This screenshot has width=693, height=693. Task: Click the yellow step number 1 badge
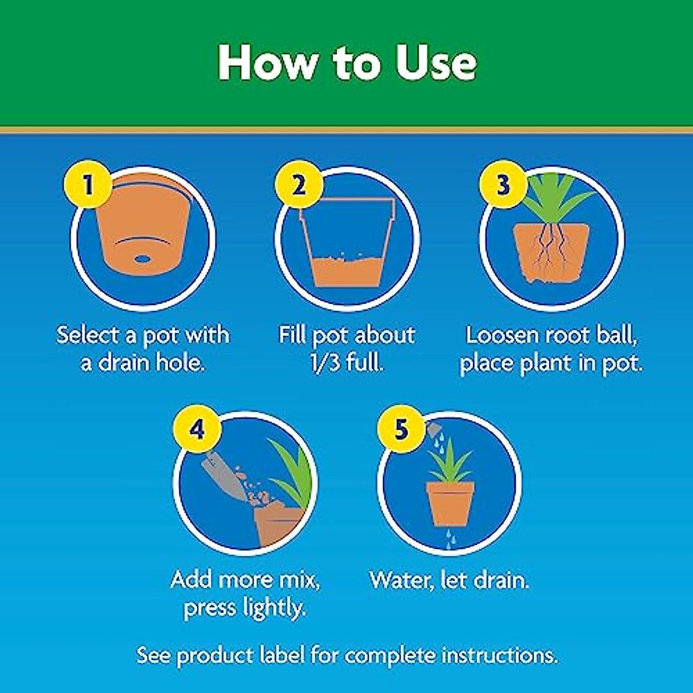tap(88, 186)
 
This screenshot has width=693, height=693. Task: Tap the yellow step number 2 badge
tap(299, 186)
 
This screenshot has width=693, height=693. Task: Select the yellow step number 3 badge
tap(503, 186)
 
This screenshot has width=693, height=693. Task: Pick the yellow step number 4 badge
tap(198, 430)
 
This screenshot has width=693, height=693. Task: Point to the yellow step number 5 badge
tap(401, 430)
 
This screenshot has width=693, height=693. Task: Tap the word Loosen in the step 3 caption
tap(503, 335)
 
